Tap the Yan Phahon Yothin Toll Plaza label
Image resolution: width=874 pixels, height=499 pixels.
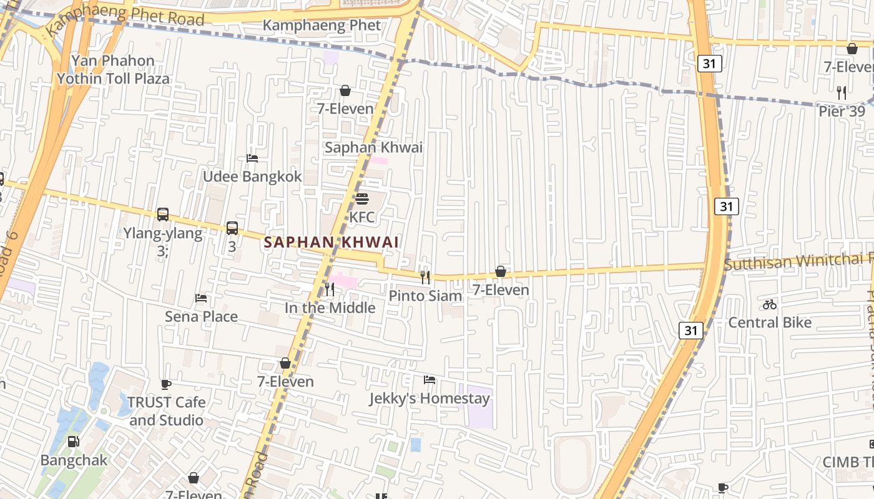(113, 69)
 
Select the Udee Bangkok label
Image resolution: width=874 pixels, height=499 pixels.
(252, 177)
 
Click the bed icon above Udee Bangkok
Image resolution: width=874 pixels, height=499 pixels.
(252, 158)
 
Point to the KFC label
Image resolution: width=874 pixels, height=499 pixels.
(362, 217)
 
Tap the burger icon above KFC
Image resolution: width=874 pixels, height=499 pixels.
(362, 199)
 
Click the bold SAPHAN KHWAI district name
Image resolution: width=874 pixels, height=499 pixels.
(331, 242)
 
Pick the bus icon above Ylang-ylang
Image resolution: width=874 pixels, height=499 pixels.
(163, 215)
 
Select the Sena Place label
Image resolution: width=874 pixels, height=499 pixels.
(201, 316)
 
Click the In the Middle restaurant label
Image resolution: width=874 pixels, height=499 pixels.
(330, 308)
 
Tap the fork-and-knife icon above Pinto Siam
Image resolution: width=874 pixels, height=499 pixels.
(425, 277)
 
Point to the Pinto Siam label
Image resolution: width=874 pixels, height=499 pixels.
(425, 296)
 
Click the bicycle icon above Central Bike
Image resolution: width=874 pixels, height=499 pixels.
(770, 304)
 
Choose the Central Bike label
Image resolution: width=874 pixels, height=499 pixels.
(770, 322)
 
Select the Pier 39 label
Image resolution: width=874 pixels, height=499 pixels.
(842, 111)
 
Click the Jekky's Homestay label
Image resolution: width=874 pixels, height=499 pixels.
(429, 398)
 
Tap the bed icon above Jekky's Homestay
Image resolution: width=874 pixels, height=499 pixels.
(429, 379)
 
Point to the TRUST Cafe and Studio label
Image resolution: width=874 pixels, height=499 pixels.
(166, 411)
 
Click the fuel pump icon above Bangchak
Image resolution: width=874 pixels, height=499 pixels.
(74, 442)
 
